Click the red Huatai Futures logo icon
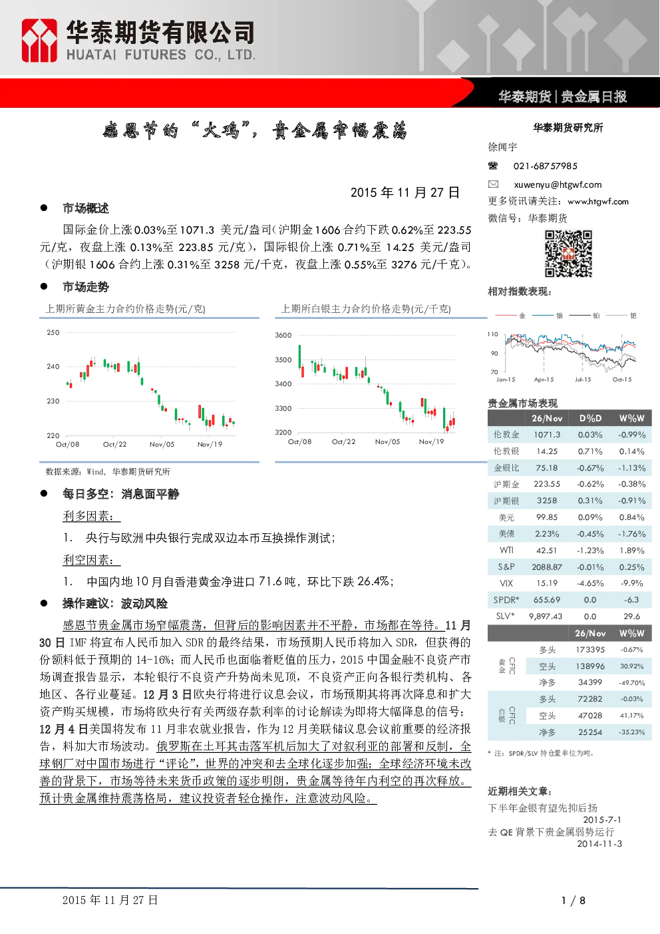tap(39, 41)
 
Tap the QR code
tap(568, 254)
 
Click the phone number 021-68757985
tap(546, 166)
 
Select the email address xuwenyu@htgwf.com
tap(558, 184)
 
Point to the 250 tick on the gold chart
tap(53, 333)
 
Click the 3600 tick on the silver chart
tap(283, 336)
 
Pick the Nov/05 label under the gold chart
tap(162, 445)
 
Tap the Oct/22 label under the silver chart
tap(343, 441)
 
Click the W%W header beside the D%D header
tap(631, 418)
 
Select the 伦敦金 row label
tap(506, 435)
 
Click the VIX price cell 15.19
tap(547, 583)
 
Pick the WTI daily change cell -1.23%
tap(590, 551)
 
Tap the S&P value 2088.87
tap(547, 567)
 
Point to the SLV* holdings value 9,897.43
tap(546, 616)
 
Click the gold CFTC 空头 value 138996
tap(590, 666)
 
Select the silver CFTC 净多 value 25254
tap(590, 732)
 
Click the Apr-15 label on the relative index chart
tap(544, 379)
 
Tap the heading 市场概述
tap(85, 208)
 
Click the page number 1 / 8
tap(574, 901)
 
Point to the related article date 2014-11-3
tap(599, 844)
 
